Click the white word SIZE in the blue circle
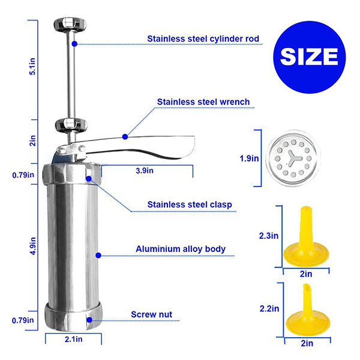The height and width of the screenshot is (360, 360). [x=309, y=57]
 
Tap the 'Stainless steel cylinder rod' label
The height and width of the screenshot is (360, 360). [x=203, y=39]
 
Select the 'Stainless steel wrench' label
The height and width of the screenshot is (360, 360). [x=203, y=102]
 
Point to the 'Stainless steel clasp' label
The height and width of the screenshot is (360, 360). [x=190, y=205]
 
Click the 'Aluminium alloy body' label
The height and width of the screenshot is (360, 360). [x=181, y=249]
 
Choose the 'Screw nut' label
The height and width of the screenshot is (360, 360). [x=152, y=314]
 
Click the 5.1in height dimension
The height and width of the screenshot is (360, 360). [x=32, y=67]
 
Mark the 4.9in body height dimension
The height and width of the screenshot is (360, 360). [x=33, y=246]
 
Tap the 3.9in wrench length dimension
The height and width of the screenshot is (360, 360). [x=145, y=170]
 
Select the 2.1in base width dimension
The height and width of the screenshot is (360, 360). [x=73, y=339]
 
